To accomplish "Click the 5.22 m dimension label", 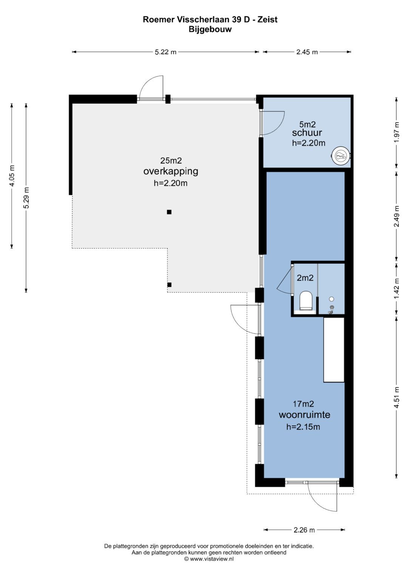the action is tap(165, 52).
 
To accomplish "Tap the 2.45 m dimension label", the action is tap(307, 52).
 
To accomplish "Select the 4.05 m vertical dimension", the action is tap(12, 176).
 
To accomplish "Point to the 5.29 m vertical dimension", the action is tap(26, 198).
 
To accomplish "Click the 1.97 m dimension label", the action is tap(397, 132).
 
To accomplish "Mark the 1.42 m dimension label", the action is tap(397, 289).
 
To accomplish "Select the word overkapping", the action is tap(171, 172).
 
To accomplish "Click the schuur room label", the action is tap(307, 133).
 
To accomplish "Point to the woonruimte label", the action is tap(304, 415).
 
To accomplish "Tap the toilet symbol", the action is tap(306, 301).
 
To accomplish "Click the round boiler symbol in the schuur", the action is tap(340, 155).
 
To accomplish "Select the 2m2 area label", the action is tap(305, 278).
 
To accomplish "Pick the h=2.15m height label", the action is tap(303, 427).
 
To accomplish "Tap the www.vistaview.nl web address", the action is tap(212, 559).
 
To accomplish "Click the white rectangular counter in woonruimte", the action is tap(334, 350).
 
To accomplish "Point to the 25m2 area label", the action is tap(171, 161).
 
